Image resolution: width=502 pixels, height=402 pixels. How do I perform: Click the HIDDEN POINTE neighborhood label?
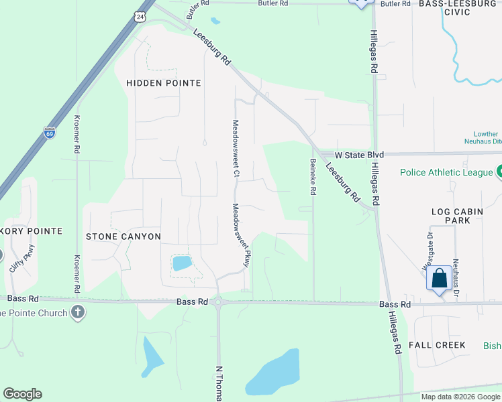(x=164, y=83)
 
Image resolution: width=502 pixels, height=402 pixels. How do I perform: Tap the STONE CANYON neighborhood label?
(x=123, y=237)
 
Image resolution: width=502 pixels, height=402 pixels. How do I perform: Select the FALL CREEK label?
(x=437, y=345)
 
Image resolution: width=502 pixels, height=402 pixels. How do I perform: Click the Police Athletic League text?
(x=446, y=172)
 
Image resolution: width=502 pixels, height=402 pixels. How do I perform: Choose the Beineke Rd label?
(x=313, y=176)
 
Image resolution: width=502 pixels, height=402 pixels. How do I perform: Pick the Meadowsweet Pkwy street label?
(x=241, y=236)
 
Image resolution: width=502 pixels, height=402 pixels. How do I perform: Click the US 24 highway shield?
(x=140, y=15)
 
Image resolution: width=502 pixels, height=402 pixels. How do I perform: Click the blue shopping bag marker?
(x=438, y=278)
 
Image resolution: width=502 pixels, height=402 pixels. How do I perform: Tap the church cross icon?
(x=78, y=312)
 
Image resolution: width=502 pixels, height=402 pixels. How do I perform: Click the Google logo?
(x=22, y=394)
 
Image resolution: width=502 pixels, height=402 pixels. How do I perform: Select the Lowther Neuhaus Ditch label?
(x=482, y=137)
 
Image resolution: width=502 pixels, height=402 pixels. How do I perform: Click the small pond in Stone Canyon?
(x=182, y=263)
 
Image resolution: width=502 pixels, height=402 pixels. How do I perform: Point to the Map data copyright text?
(x=460, y=397)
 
